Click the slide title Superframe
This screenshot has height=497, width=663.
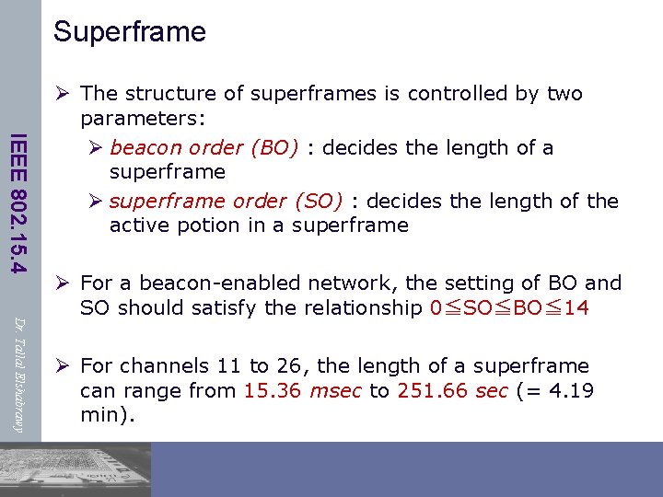pos(130,32)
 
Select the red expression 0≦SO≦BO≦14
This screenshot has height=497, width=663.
pos(509,308)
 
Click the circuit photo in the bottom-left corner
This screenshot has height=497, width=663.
pos(76,469)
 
